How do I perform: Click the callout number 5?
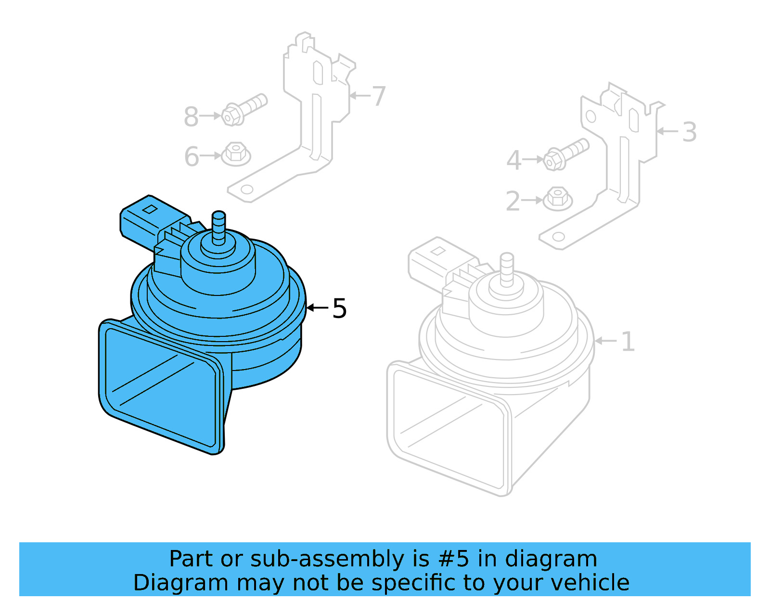pyautogui.click(x=339, y=308)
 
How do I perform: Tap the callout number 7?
pyautogui.click(x=379, y=96)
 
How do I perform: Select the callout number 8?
pyautogui.click(x=191, y=116)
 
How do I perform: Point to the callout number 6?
pyautogui.click(x=192, y=156)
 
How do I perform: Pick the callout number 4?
pyautogui.click(x=513, y=160)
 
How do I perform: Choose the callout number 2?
pyautogui.click(x=513, y=201)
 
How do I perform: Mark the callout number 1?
pyautogui.click(x=628, y=341)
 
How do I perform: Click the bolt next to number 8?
pyautogui.click(x=244, y=109)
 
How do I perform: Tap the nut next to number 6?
pyautogui.click(x=236, y=153)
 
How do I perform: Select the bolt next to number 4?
pyautogui.click(x=566, y=154)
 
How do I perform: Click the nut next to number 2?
pyautogui.click(x=557, y=198)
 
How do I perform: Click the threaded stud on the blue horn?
pyautogui.click(x=218, y=226)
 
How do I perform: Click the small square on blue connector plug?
pyautogui.click(x=150, y=209)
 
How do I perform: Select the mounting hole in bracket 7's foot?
pyautogui.click(x=247, y=189)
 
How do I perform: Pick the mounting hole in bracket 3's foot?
pyautogui.click(x=558, y=237)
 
